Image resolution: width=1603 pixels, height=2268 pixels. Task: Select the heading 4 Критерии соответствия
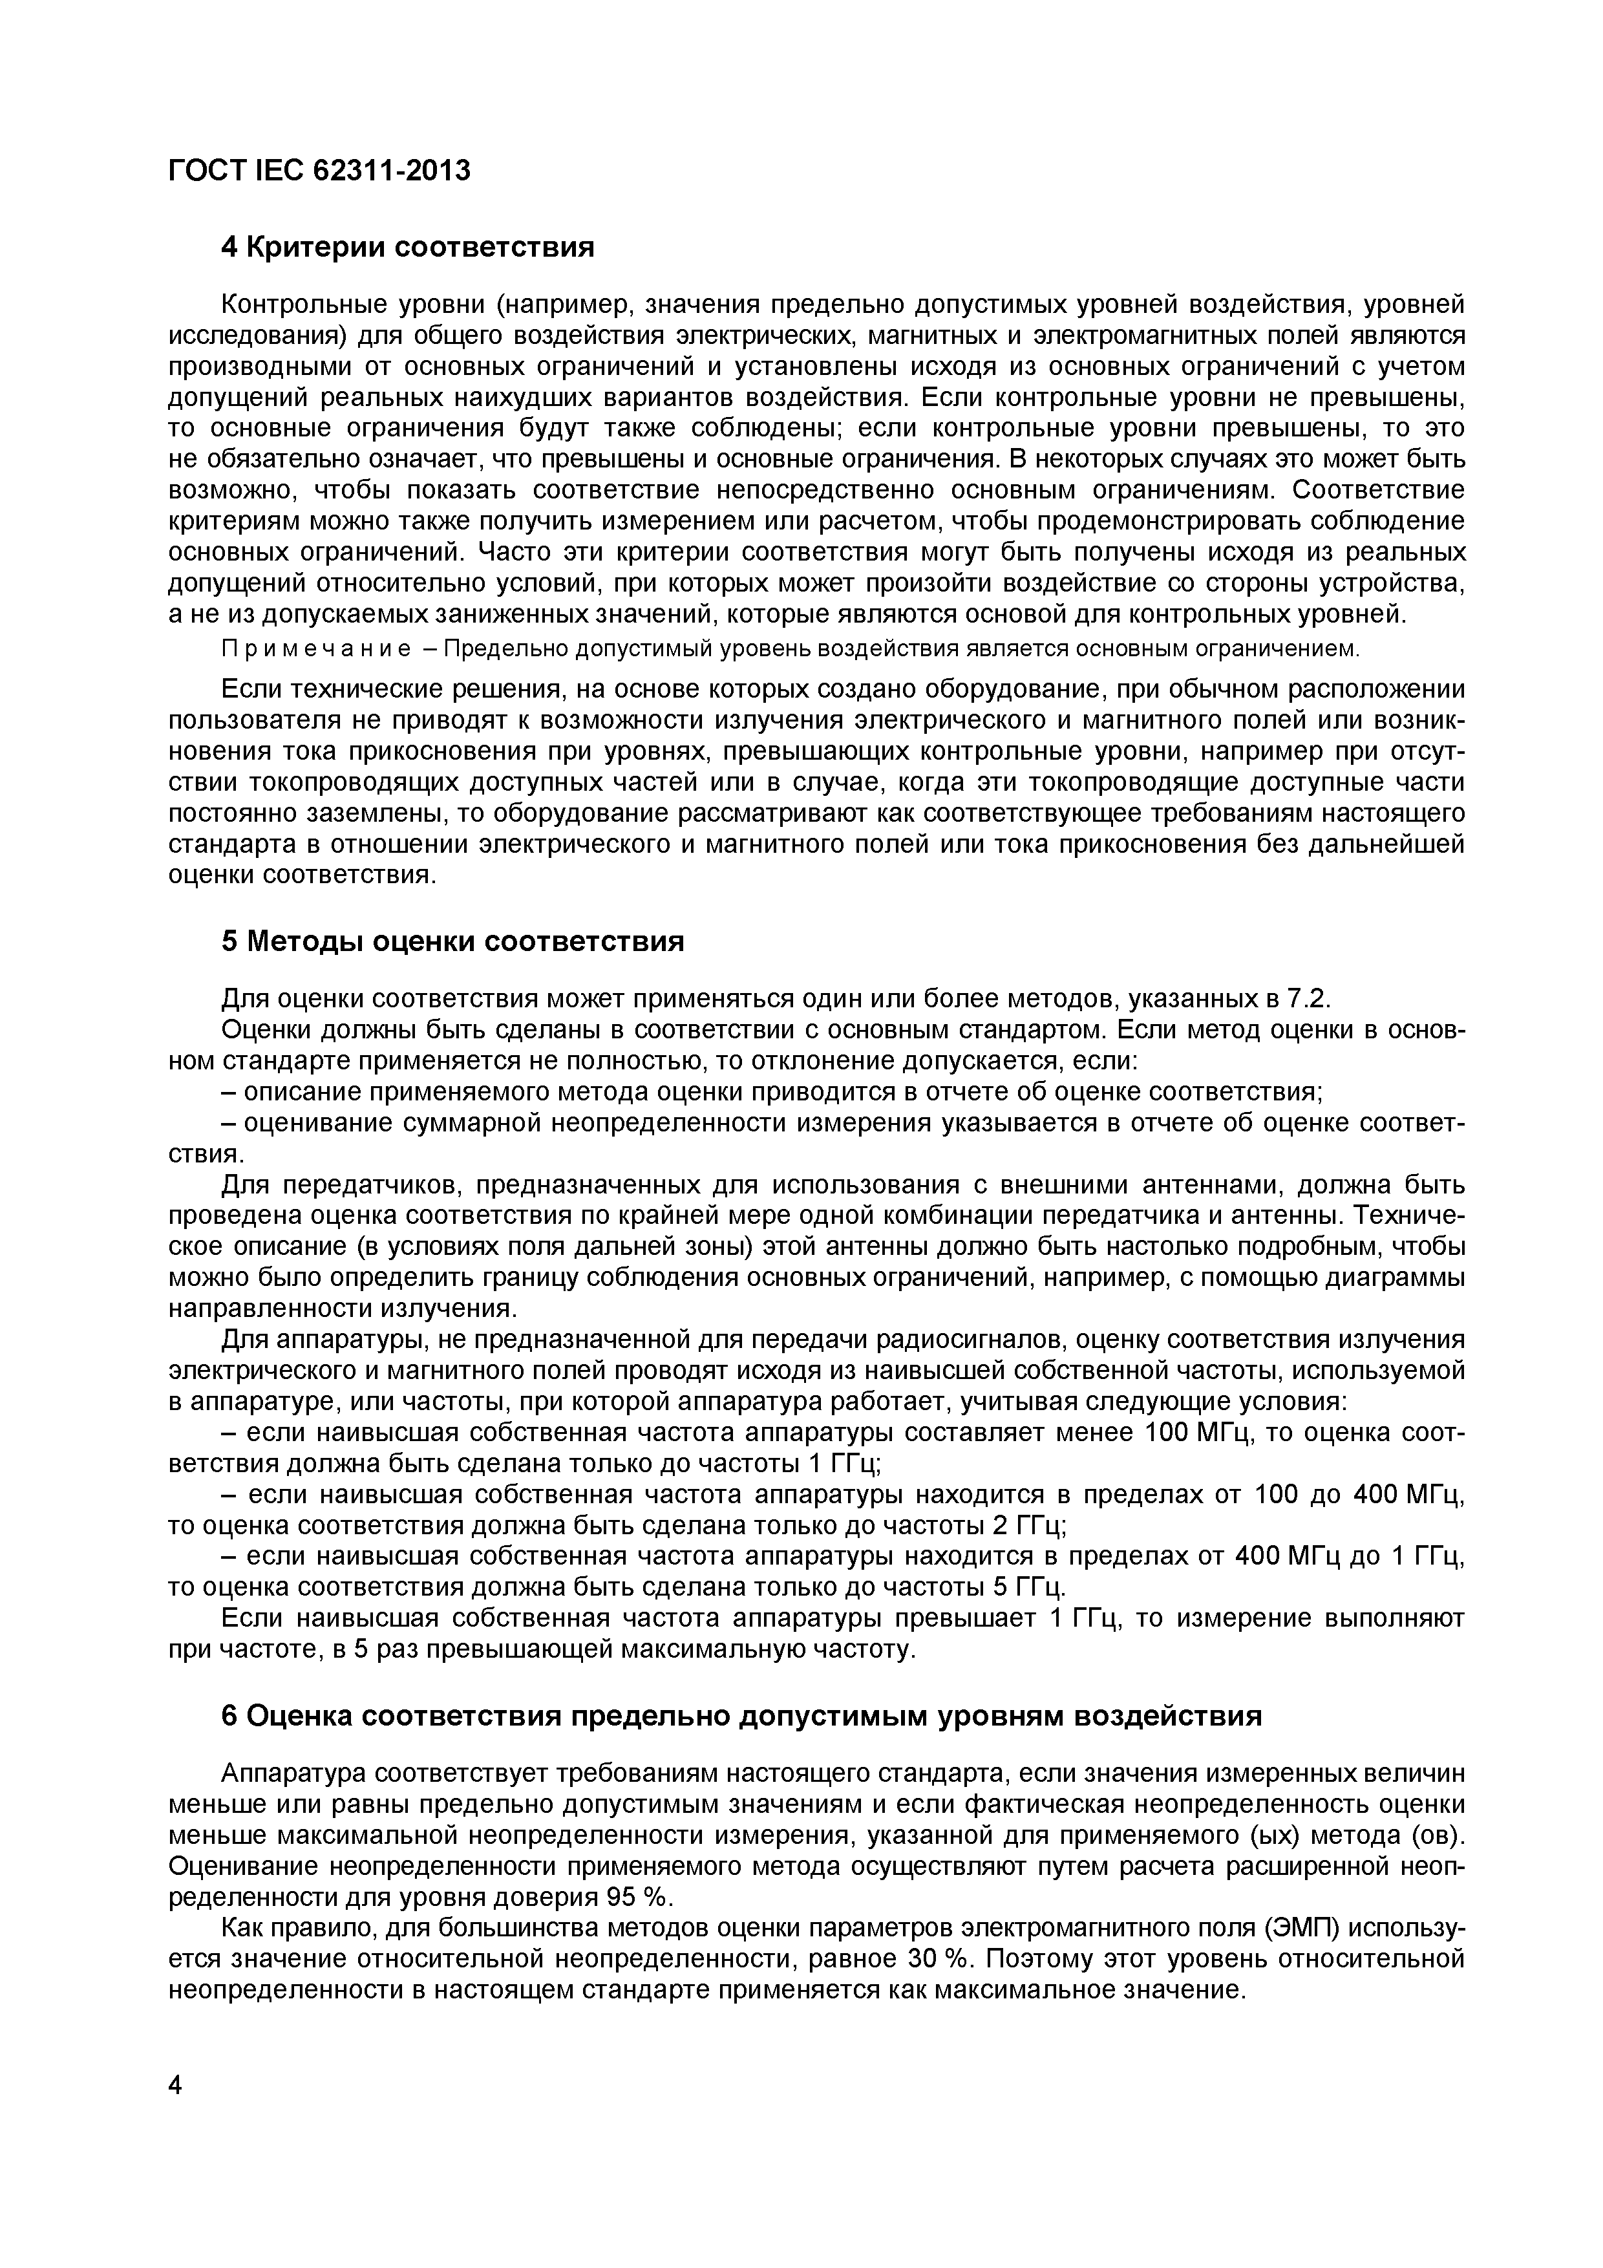[x=408, y=247]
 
